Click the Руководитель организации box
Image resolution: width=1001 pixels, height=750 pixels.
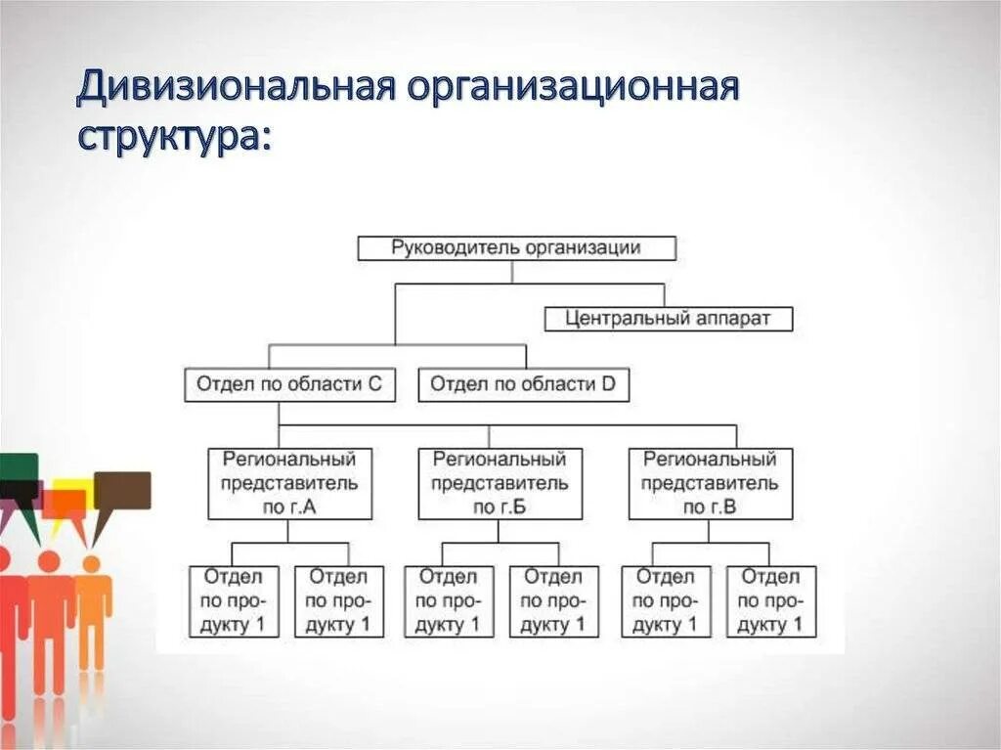tap(516, 248)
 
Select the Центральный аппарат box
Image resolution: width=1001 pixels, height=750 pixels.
tap(668, 319)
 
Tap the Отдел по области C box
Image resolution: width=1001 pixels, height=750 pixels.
tap(289, 384)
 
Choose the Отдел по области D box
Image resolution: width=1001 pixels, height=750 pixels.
tap(523, 384)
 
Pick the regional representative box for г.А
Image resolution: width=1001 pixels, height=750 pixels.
tap(289, 483)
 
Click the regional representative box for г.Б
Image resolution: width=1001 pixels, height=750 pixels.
tap(500, 483)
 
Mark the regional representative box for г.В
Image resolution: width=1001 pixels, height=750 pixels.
tap(710, 483)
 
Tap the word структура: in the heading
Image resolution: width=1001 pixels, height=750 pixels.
tap(173, 136)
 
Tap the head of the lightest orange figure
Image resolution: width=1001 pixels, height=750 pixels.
tap(91, 563)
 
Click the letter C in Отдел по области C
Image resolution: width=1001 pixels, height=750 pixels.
tap(374, 384)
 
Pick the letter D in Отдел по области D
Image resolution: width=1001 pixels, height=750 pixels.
tap(608, 384)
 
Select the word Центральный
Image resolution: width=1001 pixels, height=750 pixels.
tap(622, 319)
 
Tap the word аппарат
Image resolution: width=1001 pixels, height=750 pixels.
tap(733, 319)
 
